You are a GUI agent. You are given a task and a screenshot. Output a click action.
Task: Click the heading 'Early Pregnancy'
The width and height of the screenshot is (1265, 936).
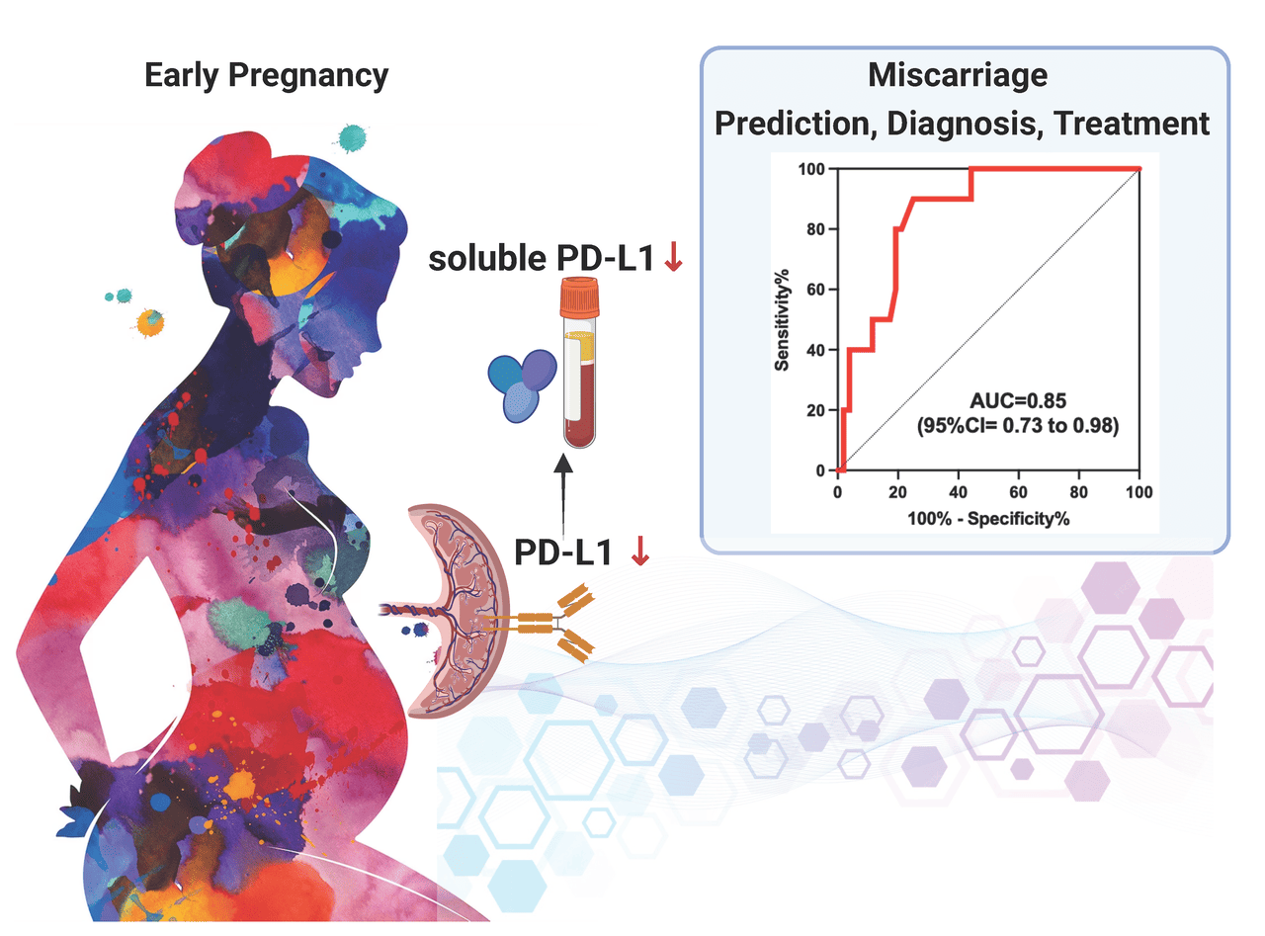click(x=266, y=76)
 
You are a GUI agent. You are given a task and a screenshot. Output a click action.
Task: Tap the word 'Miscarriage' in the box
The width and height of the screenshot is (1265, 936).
click(x=957, y=75)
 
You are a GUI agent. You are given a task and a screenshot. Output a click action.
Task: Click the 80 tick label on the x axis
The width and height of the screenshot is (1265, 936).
click(x=1079, y=491)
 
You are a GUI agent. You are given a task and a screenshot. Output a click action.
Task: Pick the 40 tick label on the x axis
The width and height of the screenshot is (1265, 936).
click(x=959, y=491)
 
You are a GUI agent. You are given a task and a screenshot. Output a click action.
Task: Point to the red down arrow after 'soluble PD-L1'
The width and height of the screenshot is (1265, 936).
click(x=675, y=259)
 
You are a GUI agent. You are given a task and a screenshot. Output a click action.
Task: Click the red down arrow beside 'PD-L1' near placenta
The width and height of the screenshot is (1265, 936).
click(x=639, y=553)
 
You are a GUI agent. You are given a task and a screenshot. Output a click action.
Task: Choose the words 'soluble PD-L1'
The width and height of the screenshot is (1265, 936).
click(x=541, y=260)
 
